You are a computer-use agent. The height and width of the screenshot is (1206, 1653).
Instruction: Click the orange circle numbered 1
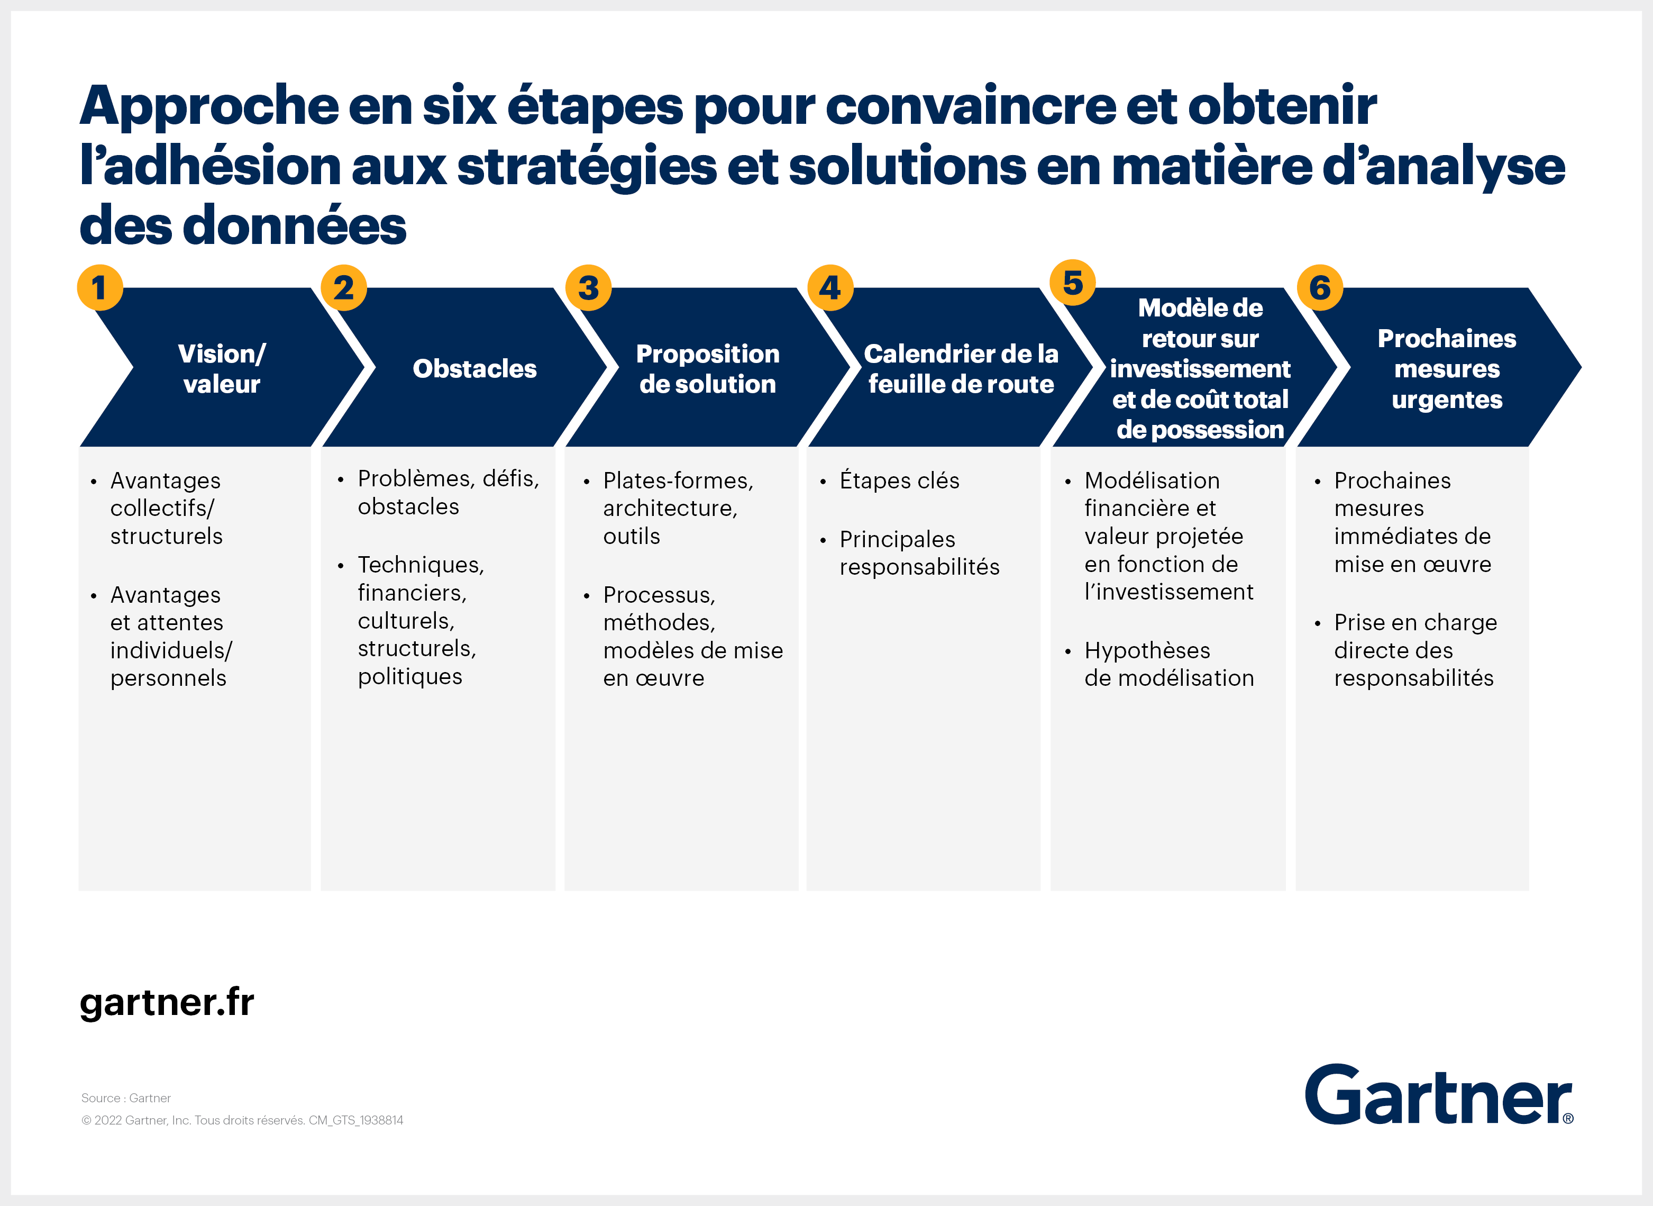pos(100,288)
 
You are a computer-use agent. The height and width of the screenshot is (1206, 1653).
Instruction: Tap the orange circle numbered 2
pos(344,288)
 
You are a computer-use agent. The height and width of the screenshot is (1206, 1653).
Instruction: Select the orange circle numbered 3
pos(588,288)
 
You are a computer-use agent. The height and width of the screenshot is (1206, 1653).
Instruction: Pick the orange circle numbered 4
pos(830,288)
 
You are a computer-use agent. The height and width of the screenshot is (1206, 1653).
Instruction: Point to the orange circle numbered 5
pos(1073,283)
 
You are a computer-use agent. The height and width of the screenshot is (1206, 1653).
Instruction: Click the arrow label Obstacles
pos(474,369)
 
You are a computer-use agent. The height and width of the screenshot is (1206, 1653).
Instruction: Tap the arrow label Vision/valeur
pos(222,369)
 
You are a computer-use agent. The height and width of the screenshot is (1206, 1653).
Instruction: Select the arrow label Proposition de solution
pos(708,369)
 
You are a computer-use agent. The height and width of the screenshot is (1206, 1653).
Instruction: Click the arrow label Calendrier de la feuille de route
pos(961,369)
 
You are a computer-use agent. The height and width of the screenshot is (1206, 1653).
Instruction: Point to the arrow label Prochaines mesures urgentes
pos(1447,369)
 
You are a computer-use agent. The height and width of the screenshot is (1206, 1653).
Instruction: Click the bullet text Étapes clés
pos(899,480)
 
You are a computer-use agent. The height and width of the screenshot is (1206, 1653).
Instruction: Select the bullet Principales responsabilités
pos(919,552)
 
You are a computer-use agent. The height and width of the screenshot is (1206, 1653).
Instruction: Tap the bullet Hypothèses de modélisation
pos(1169,664)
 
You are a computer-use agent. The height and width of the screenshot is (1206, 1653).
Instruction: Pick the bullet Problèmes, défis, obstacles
pos(448,492)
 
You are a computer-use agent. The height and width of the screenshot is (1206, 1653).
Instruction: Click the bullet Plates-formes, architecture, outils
pos(678,508)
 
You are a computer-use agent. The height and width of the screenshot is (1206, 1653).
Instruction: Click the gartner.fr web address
pos(167,1003)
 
